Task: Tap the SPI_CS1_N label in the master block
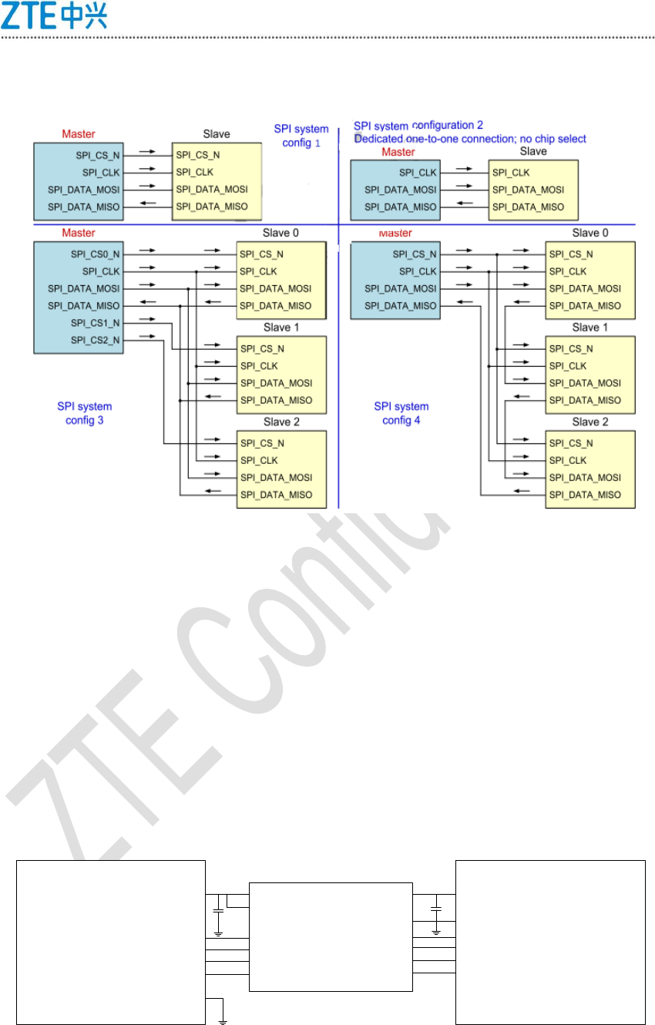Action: tap(95, 323)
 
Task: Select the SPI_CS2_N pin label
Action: tap(95, 340)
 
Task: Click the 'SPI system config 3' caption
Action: tap(85, 413)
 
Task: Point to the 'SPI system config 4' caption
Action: tap(401, 413)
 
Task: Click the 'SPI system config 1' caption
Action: tap(301, 136)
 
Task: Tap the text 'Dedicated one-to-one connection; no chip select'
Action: tap(470, 139)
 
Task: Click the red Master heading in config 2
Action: tap(398, 152)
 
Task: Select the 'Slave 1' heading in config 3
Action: tap(281, 328)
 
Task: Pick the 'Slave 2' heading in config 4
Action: tap(589, 422)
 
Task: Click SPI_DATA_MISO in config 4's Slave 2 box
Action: tap(585, 495)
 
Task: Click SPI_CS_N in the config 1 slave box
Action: tap(198, 155)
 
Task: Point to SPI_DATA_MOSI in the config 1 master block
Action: tap(84, 190)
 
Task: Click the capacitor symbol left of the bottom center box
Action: tap(219, 910)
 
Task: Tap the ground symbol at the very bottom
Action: tap(223, 1022)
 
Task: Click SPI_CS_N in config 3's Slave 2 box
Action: tap(262, 443)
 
